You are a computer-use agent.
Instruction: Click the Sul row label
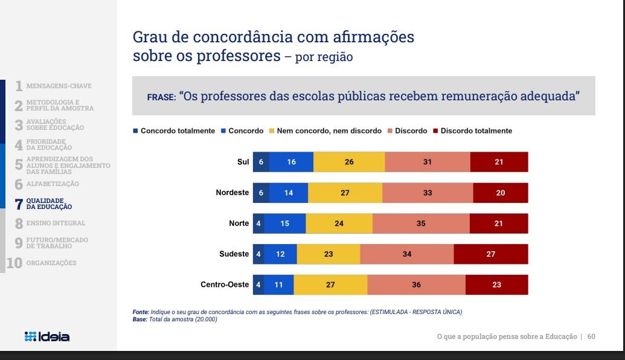tap(243, 162)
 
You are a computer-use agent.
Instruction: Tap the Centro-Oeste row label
tap(225, 284)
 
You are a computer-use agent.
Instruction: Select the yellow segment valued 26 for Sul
tap(349, 162)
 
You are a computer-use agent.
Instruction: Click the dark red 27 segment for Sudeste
tap(491, 254)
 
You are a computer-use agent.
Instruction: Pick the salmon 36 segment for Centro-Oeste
tap(416, 284)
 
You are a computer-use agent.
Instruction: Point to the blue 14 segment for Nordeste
tap(289, 193)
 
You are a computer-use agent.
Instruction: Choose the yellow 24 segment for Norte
tap(339, 223)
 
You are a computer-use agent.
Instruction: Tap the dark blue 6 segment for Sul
tap(261, 162)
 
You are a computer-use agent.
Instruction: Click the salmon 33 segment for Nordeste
tap(428, 193)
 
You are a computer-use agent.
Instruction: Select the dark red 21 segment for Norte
tap(499, 223)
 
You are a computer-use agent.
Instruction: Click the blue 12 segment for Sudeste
tap(280, 254)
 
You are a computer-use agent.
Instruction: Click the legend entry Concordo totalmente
tap(174, 130)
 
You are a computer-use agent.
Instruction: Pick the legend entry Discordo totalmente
tap(472, 130)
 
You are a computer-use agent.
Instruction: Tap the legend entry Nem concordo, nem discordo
tap(325, 130)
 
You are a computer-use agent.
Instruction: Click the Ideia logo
tap(47, 336)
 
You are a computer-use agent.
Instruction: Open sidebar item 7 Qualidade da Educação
tap(43, 204)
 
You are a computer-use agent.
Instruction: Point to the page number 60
tap(591, 336)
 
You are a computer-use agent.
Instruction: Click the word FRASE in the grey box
tap(161, 97)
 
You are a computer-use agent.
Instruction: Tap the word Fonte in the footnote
tap(141, 312)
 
